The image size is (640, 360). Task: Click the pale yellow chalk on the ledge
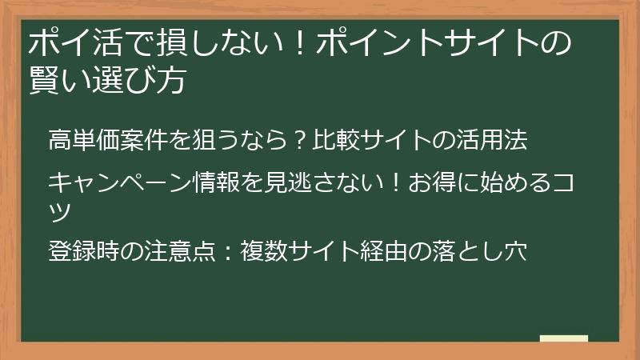point(564,339)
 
